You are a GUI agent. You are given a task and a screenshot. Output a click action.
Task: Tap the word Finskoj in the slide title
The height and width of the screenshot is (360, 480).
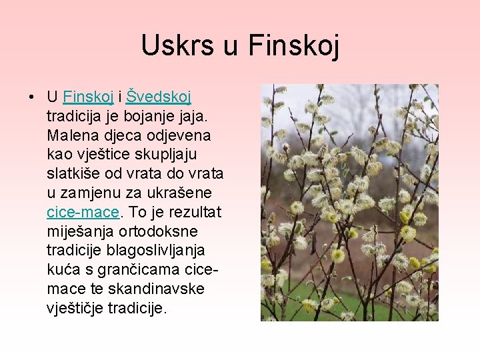293,47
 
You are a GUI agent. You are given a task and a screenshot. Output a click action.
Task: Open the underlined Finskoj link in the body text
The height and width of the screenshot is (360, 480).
89,97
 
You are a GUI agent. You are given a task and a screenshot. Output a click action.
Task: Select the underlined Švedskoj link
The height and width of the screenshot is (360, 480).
159,97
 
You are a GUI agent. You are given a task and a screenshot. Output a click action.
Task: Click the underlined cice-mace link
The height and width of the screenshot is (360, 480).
83,213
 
